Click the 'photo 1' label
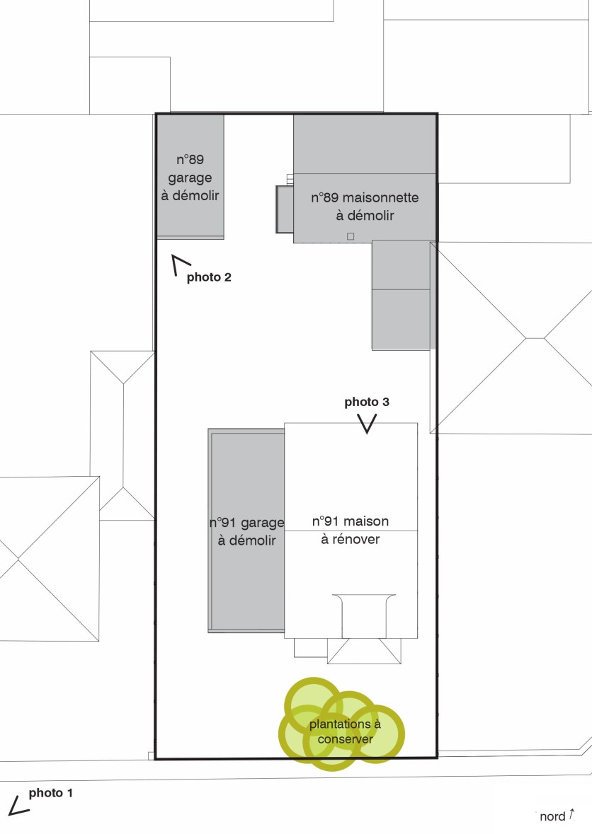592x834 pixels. click(x=50, y=793)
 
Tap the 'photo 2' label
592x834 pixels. click(x=209, y=277)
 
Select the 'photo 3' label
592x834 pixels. click(x=367, y=402)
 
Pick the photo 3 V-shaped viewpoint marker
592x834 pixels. click(x=367, y=424)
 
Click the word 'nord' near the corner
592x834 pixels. click(x=552, y=816)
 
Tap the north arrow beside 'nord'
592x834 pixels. click(x=571, y=813)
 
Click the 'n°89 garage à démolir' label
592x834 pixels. click(x=190, y=178)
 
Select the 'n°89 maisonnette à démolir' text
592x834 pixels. click(x=365, y=207)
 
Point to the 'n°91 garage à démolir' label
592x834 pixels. click(x=246, y=531)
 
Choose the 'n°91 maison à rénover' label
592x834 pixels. click(x=351, y=531)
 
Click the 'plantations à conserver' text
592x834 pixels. click(x=345, y=731)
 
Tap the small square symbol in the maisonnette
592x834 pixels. click(x=351, y=237)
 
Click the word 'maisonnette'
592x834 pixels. click(x=381, y=198)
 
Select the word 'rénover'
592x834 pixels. click(x=356, y=539)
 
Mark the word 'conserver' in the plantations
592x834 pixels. click(x=345, y=739)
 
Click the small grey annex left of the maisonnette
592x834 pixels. click(x=284, y=209)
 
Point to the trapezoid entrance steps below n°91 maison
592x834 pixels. click(x=364, y=651)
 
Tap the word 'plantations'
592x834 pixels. click(x=340, y=724)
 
